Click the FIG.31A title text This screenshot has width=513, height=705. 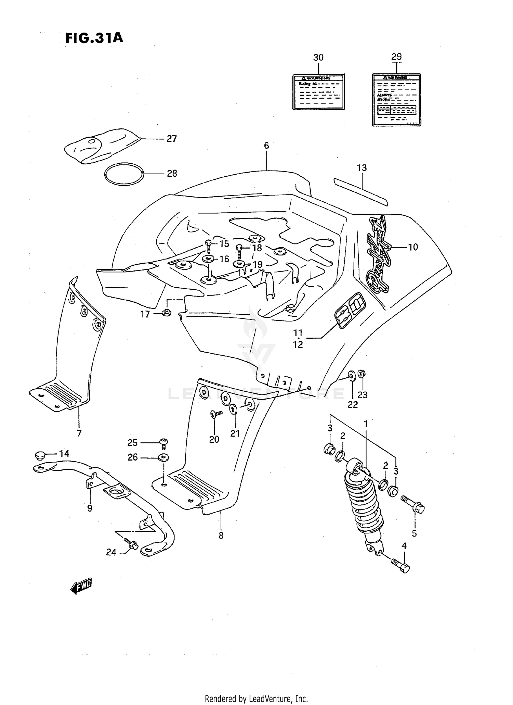pyautogui.click(x=94, y=38)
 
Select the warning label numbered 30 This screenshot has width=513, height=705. pyautogui.click(x=318, y=92)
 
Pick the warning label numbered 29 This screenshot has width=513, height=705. pyautogui.click(x=396, y=100)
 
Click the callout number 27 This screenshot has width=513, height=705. pyautogui.click(x=172, y=139)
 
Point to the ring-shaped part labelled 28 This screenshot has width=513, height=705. pyautogui.click(x=124, y=174)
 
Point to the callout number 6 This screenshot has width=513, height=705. pyautogui.click(x=266, y=146)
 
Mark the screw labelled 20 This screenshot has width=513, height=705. pyautogui.click(x=215, y=415)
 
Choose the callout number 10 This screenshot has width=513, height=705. pyautogui.click(x=413, y=247)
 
